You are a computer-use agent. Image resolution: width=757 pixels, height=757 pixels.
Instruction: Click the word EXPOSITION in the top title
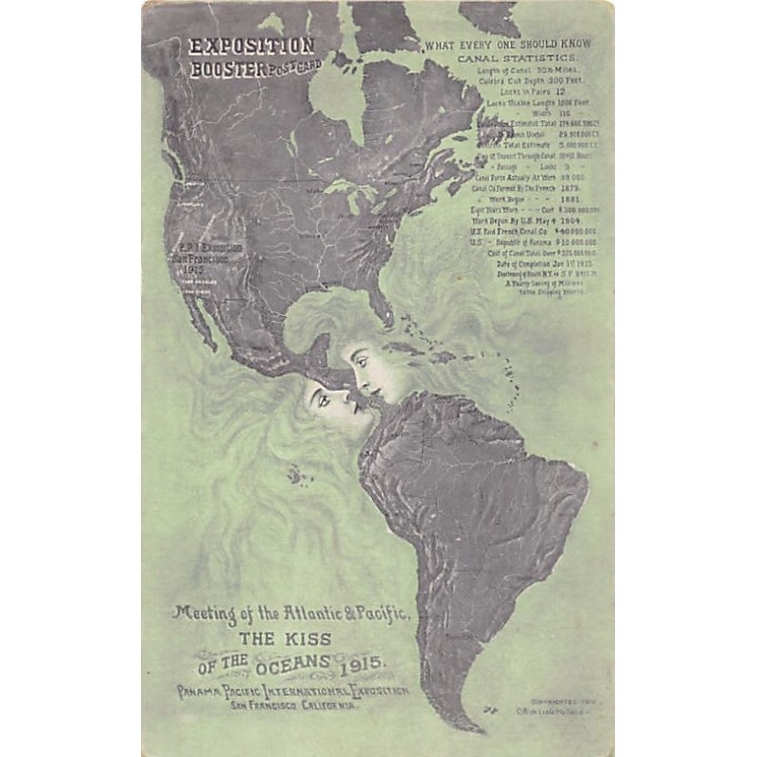(x=251, y=45)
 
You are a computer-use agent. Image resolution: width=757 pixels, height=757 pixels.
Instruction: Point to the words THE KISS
(x=289, y=638)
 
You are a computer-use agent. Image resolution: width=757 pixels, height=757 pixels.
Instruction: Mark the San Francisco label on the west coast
(x=200, y=258)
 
